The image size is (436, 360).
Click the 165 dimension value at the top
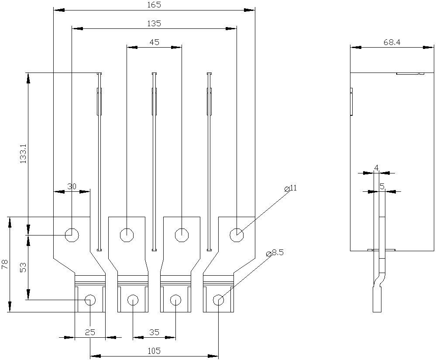[154, 5]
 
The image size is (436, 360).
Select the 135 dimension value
[154, 24]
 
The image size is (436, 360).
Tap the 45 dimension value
[154, 42]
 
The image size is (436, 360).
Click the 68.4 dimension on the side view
[392, 42]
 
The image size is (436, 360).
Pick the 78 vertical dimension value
[5, 264]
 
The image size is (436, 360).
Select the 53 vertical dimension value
[23, 267]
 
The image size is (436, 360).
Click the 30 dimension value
[72, 187]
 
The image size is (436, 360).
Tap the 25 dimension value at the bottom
[90, 332]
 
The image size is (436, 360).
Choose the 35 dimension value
[154, 332]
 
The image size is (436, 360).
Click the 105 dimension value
[154, 351]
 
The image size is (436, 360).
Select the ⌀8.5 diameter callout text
[275, 253]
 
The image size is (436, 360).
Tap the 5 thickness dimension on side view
[382, 187]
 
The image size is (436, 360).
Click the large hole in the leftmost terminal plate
[72, 235]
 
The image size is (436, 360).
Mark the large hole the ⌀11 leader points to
[237, 235]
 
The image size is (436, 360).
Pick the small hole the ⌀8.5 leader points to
[218, 300]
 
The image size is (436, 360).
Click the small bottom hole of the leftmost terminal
[90, 300]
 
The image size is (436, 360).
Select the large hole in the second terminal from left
[127, 235]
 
